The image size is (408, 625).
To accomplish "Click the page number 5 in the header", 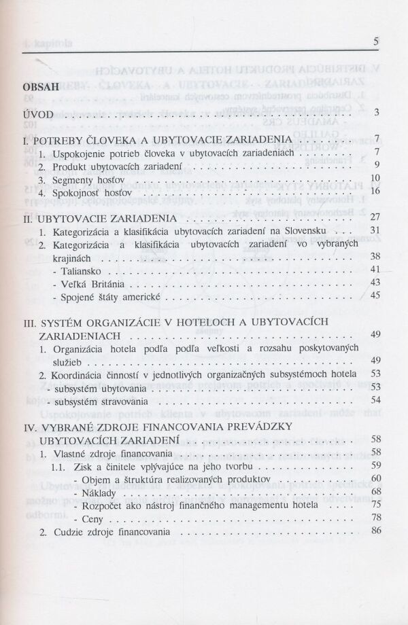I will [x=376, y=41].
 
